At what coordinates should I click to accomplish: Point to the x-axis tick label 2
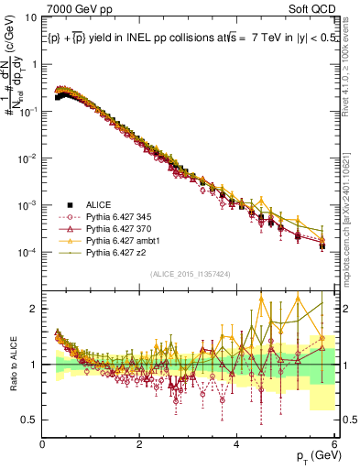pos(139,443)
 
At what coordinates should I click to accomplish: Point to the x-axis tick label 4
pos(237,443)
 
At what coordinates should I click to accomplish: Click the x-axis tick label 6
pos(334,443)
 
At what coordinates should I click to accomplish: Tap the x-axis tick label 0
pos(42,443)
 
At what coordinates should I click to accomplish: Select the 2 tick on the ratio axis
pos(33,309)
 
